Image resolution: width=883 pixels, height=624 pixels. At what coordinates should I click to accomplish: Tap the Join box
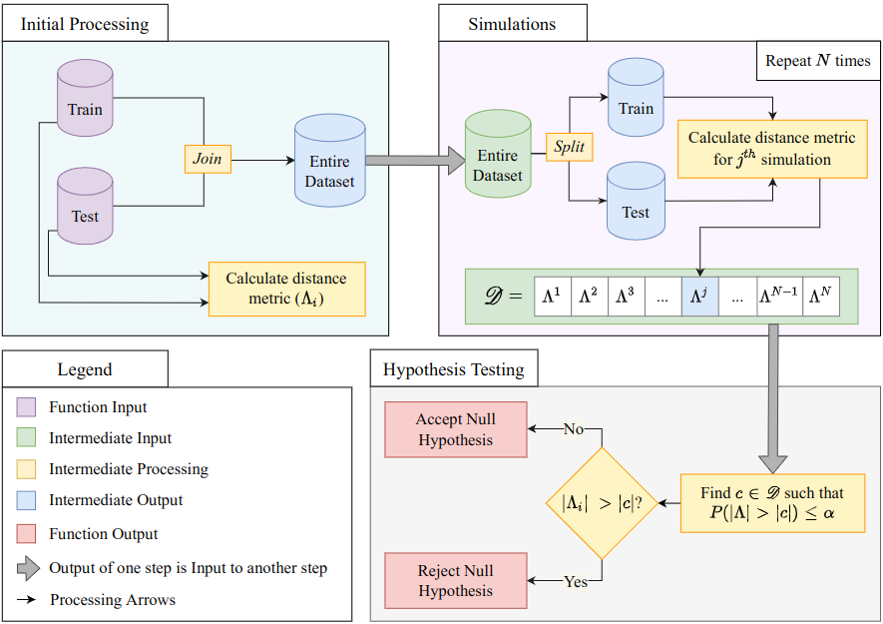tap(208, 159)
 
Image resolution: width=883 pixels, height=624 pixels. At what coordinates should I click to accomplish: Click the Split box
tap(569, 148)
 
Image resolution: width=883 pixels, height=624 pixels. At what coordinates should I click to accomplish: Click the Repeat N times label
tap(817, 61)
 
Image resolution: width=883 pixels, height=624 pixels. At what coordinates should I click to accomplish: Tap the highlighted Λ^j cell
tap(701, 297)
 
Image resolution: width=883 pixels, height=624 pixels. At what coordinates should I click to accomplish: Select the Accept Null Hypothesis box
tap(456, 430)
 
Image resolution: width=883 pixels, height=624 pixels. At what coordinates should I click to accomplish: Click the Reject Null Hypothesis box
tap(456, 581)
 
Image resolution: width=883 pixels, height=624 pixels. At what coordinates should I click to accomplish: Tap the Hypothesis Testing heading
tap(454, 369)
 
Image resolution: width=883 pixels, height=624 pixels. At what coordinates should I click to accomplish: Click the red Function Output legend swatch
tap(27, 534)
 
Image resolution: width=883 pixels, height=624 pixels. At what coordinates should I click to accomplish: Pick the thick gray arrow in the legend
tap(27, 568)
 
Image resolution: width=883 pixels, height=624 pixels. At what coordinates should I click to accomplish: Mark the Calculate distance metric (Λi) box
tap(286, 290)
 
